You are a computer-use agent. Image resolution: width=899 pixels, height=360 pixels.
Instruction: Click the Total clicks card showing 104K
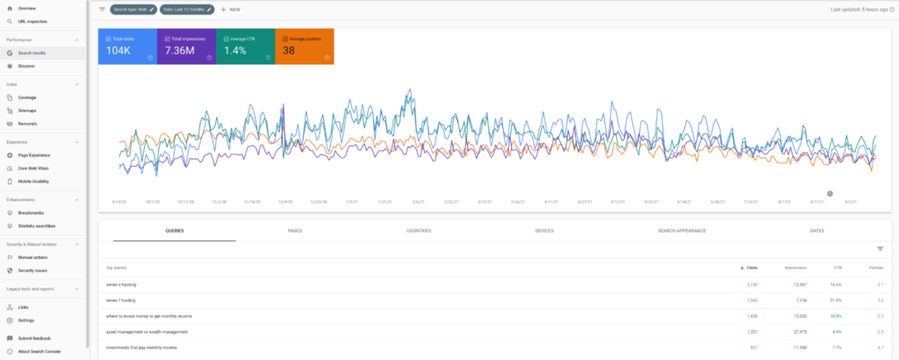pyautogui.click(x=127, y=47)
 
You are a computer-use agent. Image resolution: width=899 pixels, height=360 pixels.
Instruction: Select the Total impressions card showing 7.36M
pyautogui.click(x=186, y=47)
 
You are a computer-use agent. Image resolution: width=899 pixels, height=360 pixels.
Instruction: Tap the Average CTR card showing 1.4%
pyautogui.click(x=245, y=47)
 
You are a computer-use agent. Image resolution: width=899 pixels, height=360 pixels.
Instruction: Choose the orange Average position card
pyautogui.click(x=304, y=47)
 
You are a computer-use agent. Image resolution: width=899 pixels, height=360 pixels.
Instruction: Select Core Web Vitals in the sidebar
pyautogui.click(x=33, y=168)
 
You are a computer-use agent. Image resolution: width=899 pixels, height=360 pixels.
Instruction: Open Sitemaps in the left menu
pyautogui.click(x=27, y=111)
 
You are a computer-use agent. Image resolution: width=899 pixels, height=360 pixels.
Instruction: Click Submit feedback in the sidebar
pyautogui.click(x=34, y=338)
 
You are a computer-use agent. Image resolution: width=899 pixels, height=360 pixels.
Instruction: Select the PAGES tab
pyautogui.click(x=296, y=230)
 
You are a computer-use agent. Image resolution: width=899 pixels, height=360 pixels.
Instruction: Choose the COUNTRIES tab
pyautogui.click(x=419, y=230)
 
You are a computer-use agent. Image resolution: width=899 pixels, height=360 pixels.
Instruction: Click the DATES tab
pyautogui.click(x=817, y=230)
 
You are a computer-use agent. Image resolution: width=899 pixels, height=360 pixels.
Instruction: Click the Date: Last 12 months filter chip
pyautogui.click(x=187, y=9)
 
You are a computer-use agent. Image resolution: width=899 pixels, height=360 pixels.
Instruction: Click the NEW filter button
pyautogui.click(x=231, y=9)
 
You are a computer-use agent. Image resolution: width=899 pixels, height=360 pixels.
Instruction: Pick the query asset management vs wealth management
pyautogui.click(x=147, y=332)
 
